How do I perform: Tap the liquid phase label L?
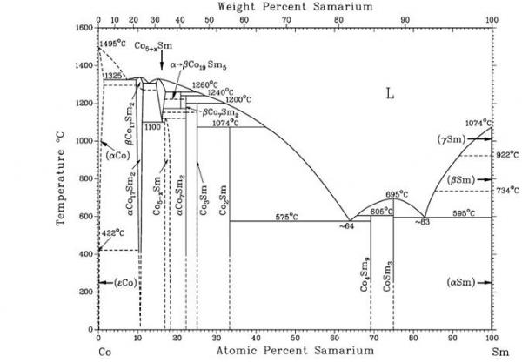[x=391, y=92]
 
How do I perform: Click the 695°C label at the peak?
[x=397, y=194]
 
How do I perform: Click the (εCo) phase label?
[x=122, y=283]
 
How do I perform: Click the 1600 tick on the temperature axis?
[x=83, y=28]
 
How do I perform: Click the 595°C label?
[x=463, y=212]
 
